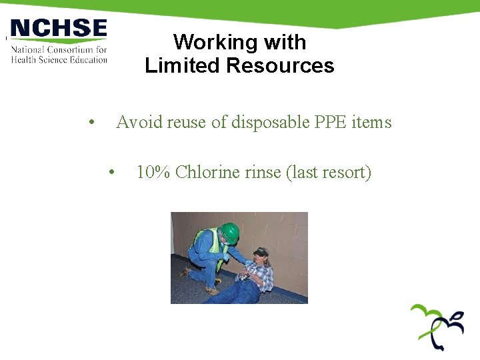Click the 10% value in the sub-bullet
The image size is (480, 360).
click(153, 173)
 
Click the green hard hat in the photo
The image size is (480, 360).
click(230, 233)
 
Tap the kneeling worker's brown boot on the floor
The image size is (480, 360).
click(212, 290)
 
